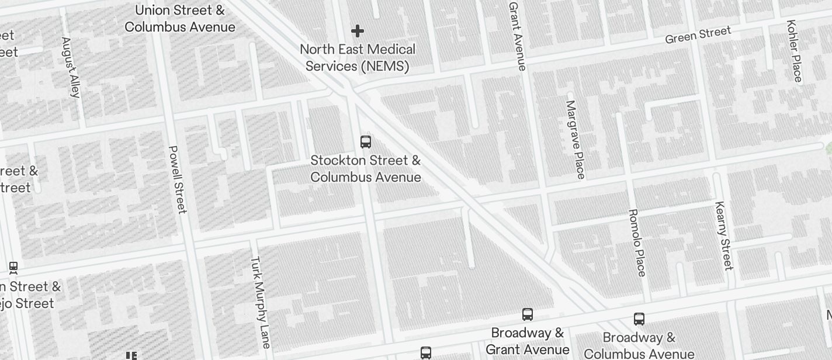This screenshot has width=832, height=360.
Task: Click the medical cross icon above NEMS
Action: (358, 31)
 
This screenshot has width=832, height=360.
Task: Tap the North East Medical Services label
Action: (358, 58)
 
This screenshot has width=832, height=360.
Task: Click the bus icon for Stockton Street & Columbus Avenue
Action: (366, 142)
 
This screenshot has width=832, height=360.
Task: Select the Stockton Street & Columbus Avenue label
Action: (366, 168)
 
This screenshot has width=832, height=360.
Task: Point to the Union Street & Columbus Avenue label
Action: (180, 19)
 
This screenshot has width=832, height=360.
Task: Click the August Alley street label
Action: (71, 67)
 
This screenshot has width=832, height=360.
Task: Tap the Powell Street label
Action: (177, 179)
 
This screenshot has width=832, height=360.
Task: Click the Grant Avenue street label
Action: (518, 36)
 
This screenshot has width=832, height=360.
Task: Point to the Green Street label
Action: (698, 34)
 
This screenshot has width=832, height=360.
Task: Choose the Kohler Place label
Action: (795, 51)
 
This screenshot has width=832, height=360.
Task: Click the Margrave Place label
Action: (576, 140)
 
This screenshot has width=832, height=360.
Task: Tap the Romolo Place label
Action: (637, 242)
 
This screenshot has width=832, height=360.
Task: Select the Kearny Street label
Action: (723, 236)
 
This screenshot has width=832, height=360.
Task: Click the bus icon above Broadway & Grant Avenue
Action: (528, 314)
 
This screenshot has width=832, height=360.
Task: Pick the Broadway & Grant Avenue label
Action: (528, 341)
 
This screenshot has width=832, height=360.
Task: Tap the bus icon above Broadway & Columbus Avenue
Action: (639, 319)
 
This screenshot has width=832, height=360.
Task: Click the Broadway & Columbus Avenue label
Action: (639, 346)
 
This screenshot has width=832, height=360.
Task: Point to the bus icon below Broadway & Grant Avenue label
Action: (426, 353)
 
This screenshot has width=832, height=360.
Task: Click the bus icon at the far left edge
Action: (13, 268)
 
